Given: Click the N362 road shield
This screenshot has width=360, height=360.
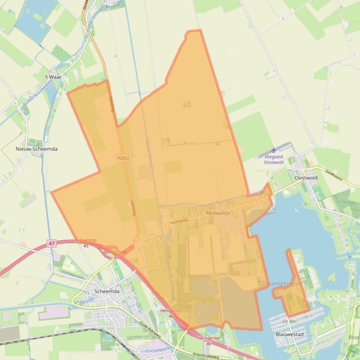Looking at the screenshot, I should (x=123, y=158).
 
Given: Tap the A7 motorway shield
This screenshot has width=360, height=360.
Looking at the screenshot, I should (x=51, y=244).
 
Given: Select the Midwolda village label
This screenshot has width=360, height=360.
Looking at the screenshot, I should (x=218, y=213).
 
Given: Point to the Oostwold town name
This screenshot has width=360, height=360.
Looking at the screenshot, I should (x=306, y=178).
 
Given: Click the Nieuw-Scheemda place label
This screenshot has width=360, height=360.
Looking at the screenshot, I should (x=37, y=149).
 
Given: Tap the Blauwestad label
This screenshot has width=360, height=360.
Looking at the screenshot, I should (x=290, y=335).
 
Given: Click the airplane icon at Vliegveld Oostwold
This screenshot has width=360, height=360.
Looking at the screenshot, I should (x=274, y=150).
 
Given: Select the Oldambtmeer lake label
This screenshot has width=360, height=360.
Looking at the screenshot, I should (x=281, y=284).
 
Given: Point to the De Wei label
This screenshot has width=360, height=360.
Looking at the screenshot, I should (x=289, y=322).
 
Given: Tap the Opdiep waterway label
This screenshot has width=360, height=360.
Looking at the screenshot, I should (x=87, y=301).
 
